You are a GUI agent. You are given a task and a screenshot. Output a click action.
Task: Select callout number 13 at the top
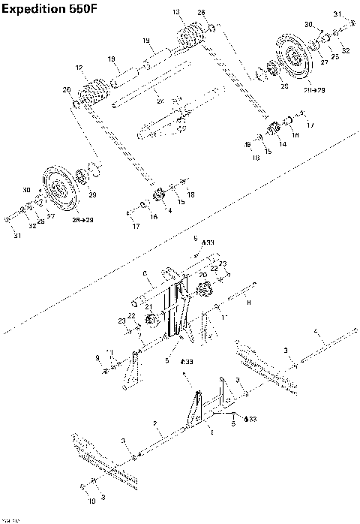176,12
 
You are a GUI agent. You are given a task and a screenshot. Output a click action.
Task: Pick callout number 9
97,357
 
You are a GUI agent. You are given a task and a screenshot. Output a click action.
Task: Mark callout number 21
148,307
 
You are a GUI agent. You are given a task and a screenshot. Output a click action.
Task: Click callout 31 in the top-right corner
337,14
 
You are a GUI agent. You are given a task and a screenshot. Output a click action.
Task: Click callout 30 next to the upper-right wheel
308,25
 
